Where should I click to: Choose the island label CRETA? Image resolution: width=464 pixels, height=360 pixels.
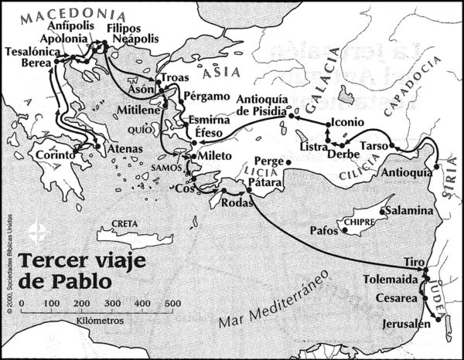[125, 224]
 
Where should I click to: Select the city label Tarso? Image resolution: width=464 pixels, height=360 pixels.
[374, 146]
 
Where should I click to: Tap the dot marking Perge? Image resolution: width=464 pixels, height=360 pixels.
[287, 162]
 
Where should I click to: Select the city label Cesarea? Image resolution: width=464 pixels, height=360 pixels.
[395, 298]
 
